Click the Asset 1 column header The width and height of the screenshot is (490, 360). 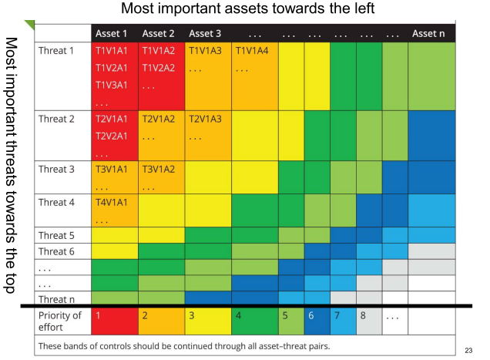coord(112,33)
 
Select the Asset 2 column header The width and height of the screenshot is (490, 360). coord(159,33)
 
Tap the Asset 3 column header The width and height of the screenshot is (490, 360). coord(205,33)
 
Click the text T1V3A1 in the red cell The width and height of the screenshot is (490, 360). coord(111,84)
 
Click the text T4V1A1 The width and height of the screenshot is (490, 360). coord(111,202)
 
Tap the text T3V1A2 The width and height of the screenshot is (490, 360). coord(159,170)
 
